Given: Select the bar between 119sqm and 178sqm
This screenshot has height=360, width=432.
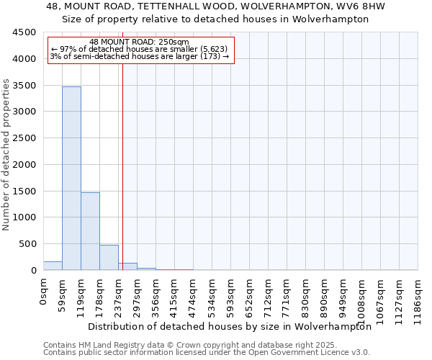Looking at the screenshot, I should point(90,231).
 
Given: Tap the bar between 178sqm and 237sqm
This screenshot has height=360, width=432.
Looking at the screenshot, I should point(109,258).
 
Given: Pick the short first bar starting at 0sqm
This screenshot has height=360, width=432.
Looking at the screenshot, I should point(53,266).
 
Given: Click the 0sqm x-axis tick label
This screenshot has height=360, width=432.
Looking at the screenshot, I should point(43,292).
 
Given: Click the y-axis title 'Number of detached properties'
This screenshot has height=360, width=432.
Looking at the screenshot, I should point(6,156).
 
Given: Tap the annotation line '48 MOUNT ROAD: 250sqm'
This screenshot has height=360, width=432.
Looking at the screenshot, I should point(140,42).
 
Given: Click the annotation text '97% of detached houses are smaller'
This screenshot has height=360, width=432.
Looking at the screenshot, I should point(142,49).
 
